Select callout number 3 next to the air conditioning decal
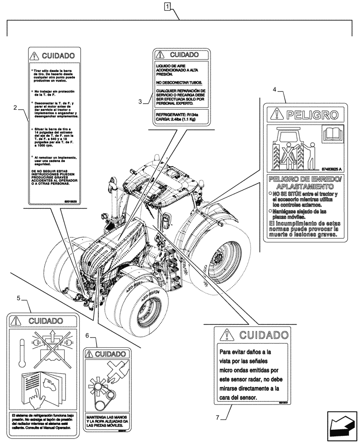pos(140,101)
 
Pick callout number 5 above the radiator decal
pos(19,298)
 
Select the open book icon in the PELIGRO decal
pos(332,134)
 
